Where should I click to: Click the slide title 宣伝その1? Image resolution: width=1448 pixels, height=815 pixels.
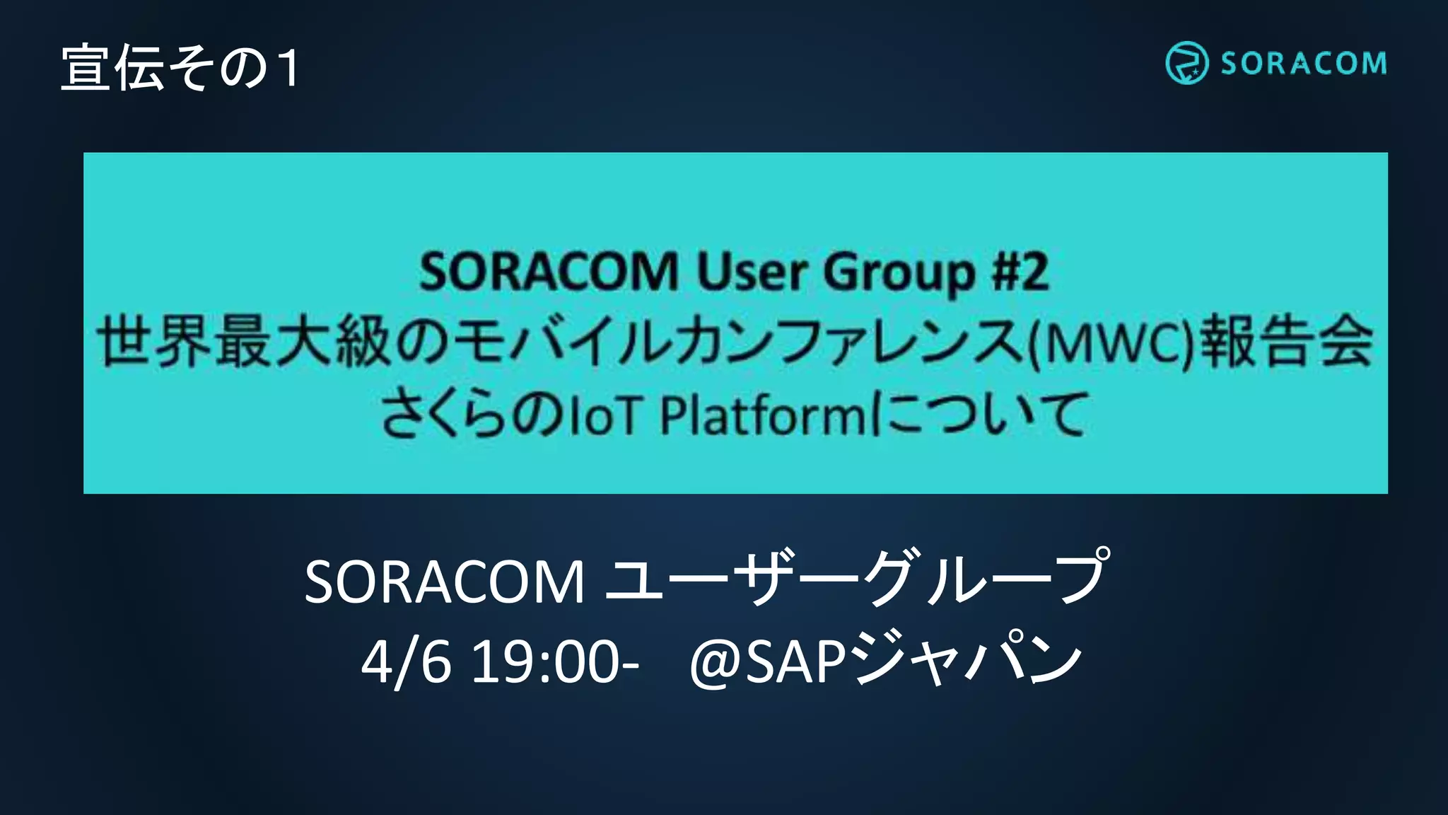[181, 68]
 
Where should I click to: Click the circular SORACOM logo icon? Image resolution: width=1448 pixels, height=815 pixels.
[1186, 63]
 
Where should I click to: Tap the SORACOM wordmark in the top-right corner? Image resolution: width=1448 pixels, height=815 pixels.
[1303, 64]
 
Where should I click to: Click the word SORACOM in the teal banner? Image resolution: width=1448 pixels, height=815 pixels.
[549, 272]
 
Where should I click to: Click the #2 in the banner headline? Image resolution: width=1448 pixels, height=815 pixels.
[1020, 272]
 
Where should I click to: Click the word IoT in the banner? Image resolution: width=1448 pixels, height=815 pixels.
[605, 415]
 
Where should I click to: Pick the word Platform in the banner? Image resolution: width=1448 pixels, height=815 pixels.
[762, 415]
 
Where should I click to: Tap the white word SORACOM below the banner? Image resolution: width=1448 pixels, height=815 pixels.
[444, 582]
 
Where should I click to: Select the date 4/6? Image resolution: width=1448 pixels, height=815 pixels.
[406, 662]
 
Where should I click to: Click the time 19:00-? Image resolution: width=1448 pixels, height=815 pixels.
[555, 662]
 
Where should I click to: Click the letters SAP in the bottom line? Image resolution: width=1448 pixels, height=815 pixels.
[795, 662]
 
